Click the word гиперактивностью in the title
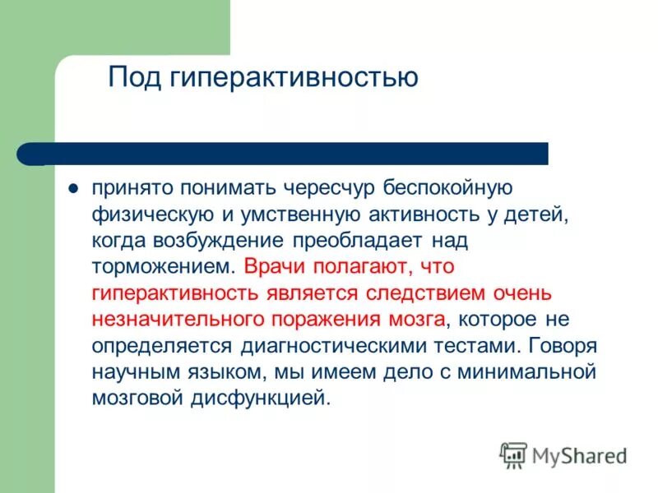pyautogui.click(x=294, y=79)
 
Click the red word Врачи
pyautogui.click(x=278, y=267)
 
